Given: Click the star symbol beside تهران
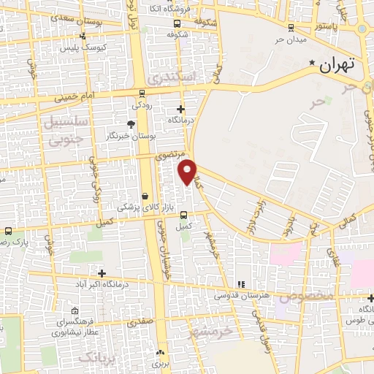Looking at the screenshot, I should [x=313, y=64].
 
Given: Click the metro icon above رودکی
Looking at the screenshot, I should [x=142, y=93].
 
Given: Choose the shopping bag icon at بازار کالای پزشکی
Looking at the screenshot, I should [x=145, y=196].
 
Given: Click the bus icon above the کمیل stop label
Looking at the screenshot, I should [x=183, y=215].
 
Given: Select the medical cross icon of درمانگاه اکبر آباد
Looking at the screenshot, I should [x=102, y=272].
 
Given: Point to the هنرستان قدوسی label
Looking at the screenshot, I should [x=240, y=296].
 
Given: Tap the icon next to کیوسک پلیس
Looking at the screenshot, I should [x=82, y=36].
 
